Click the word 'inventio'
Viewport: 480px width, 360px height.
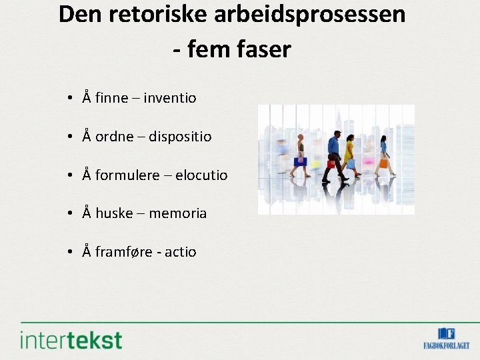[170, 98]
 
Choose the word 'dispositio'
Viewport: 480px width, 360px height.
[180, 137]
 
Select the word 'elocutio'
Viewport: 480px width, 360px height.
[201, 175]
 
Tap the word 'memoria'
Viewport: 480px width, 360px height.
[178, 214]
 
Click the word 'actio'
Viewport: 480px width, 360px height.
[181, 253]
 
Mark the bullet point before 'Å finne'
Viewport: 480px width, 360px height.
[70, 99]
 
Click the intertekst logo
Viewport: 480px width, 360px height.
[71, 339]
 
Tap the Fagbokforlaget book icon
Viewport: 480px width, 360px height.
[446, 333]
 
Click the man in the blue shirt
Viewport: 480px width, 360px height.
[333, 153]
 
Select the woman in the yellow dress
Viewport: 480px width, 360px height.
[348, 153]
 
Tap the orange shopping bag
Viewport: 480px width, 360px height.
[383, 163]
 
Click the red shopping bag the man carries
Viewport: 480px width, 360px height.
[331, 164]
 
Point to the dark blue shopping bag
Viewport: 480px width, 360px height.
[301, 161]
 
